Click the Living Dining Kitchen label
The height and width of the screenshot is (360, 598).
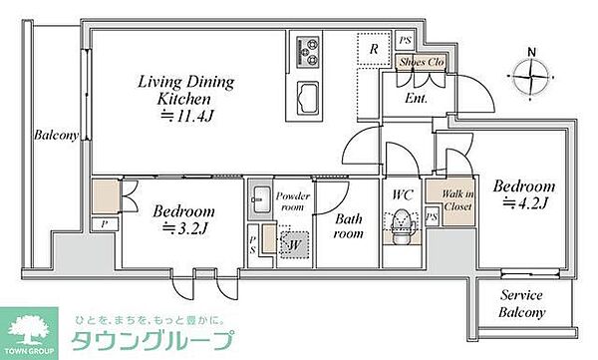point(185,90)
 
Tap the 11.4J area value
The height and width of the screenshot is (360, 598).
point(186,116)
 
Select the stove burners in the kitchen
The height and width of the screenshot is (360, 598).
point(308,52)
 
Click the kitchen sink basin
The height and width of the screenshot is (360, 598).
point(307,98)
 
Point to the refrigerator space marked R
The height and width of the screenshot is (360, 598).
point(374,49)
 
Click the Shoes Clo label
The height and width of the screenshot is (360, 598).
point(422,62)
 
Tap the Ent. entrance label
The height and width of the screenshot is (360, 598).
point(416,99)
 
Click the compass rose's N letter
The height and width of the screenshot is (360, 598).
point(531,52)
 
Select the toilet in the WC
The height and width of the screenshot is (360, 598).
point(402,227)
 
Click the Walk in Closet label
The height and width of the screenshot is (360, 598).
point(457,200)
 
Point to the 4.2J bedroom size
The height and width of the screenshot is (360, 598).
point(526,202)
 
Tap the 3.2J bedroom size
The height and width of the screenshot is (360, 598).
point(184,228)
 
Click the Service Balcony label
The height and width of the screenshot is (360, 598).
point(521,303)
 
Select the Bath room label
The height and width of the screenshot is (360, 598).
point(349,226)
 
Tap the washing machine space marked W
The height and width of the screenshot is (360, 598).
point(294,244)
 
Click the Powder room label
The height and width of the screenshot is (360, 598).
point(292,201)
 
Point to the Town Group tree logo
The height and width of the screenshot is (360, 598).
point(29,331)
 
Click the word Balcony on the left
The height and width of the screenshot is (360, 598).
point(57,135)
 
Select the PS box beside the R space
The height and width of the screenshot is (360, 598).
point(405,40)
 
